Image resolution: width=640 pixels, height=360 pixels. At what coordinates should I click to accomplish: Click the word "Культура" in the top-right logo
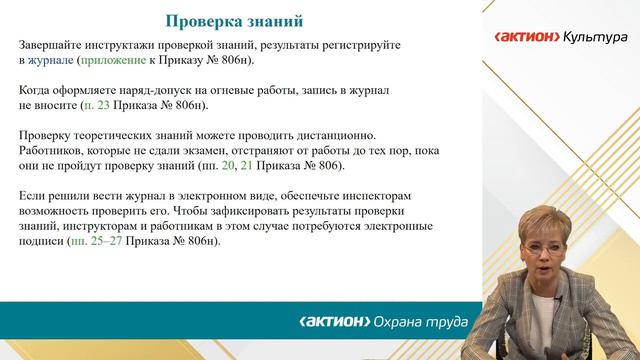click(594, 37)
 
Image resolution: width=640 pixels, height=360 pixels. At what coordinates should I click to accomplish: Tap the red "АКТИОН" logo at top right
click(525, 37)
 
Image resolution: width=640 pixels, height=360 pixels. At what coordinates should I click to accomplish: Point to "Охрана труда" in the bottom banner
click(419, 322)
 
